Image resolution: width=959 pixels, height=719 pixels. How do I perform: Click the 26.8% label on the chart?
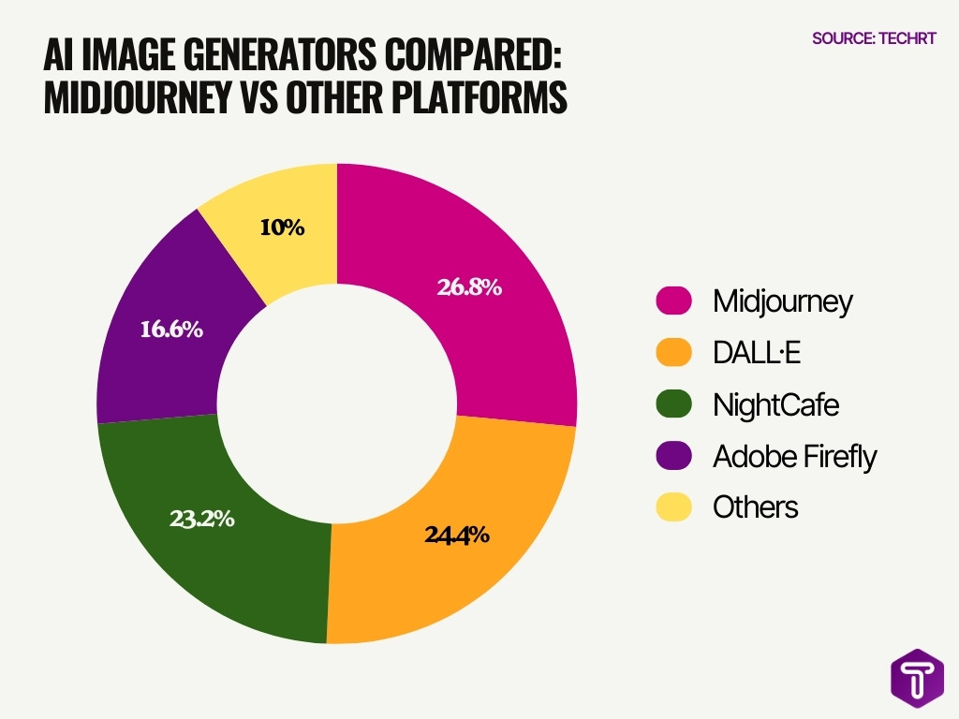click(469, 287)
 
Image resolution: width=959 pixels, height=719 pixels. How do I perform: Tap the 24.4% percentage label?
click(457, 536)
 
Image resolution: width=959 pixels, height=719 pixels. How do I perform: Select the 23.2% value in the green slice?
click(201, 519)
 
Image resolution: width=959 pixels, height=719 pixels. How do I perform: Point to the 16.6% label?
click(171, 330)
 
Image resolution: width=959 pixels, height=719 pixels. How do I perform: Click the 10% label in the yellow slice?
click(282, 227)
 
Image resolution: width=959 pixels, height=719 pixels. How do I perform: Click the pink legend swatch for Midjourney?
click(673, 301)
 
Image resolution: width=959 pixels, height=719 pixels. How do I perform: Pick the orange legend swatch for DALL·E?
click(673, 353)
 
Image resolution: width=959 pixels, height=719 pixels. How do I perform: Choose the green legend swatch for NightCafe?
click(673, 404)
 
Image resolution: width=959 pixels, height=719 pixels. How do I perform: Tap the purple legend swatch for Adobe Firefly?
click(673, 456)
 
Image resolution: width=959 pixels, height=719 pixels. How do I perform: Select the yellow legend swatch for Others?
click(673, 507)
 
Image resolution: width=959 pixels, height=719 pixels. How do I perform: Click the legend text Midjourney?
click(783, 301)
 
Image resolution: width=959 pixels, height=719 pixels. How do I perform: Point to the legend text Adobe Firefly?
click(794, 456)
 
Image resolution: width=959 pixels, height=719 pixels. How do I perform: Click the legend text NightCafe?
click(775, 404)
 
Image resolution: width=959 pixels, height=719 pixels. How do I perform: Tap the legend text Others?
click(755, 507)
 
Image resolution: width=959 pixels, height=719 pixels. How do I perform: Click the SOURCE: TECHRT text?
click(873, 38)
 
